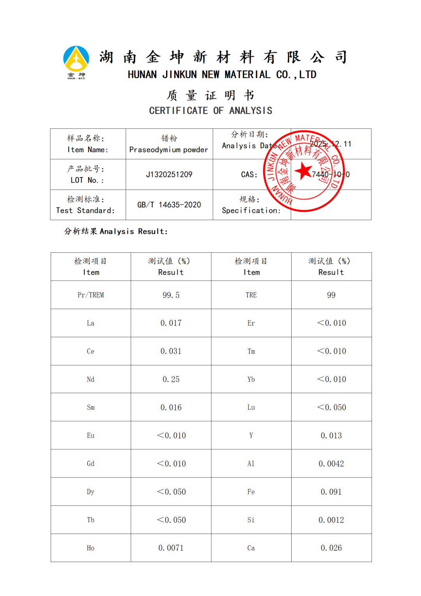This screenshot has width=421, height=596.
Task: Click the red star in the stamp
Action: pyautogui.click(x=303, y=171)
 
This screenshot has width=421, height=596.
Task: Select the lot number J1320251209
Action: pyautogui.click(x=169, y=174)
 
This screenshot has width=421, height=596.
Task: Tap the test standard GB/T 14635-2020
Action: pyautogui.click(x=169, y=205)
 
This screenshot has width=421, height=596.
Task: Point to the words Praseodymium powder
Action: pyautogui.click(x=168, y=150)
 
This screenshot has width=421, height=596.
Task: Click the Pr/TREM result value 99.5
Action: pyautogui.click(x=171, y=295)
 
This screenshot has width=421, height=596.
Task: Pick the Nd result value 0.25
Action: pyautogui.click(x=171, y=380)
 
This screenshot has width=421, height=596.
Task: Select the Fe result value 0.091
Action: pyautogui.click(x=331, y=492)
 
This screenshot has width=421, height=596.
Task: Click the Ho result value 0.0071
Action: pyautogui.click(x=171, y=548)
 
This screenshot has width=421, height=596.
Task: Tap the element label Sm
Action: pyautogui.click(x=90, y=408)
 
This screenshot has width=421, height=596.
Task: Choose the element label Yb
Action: pyautogui.click(x=251, y=380)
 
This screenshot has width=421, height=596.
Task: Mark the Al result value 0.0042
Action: pyautogui.click(x=331, y=464)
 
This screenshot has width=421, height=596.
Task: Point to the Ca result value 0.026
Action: pyautogui.click(x=331, y=548)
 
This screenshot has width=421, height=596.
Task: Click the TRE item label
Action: pyautogui.click(x=251, y=295)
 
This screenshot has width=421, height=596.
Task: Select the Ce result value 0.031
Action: pyautogui.click(x=171, y=351)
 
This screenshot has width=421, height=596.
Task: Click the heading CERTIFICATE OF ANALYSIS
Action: pyautogui.click(x=210, y=111)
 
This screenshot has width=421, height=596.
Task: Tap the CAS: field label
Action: pyautogui.click(x=249, y=175)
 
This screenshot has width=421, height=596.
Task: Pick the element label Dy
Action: pyautogui.click(x=90, y=492)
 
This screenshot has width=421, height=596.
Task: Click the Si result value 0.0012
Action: pyautogui.click(x=331, y=520)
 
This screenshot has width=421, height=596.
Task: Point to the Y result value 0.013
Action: pyautogui.click(x=331, y=436)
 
